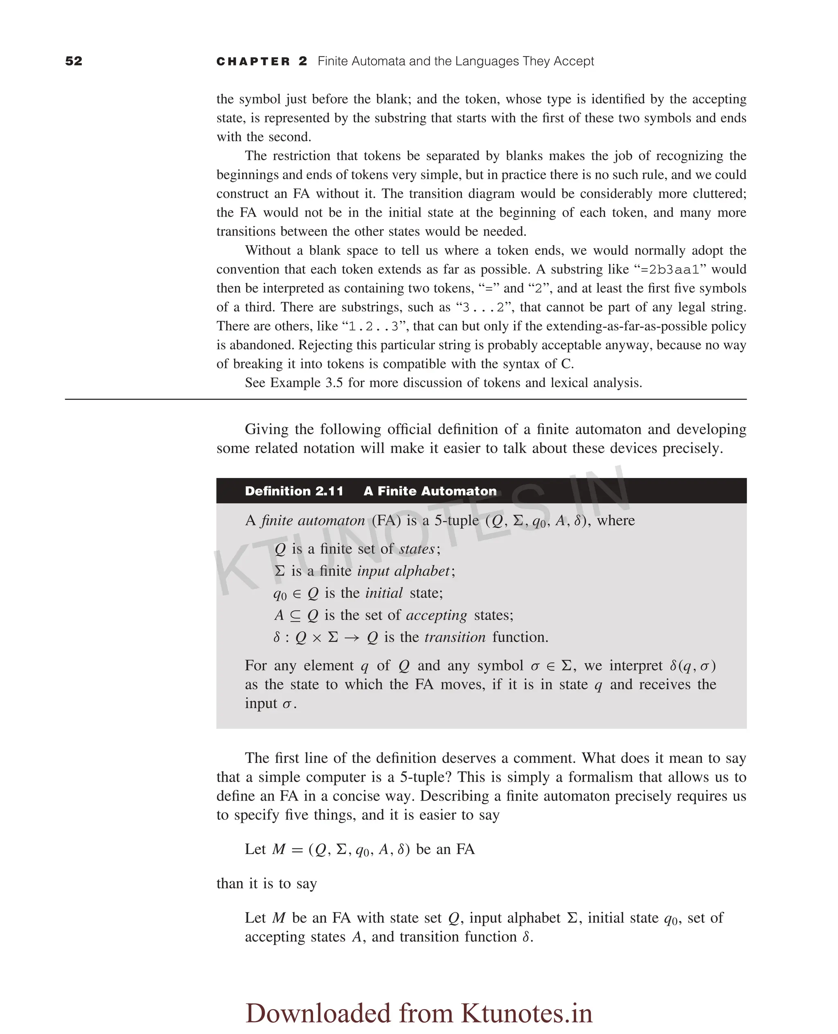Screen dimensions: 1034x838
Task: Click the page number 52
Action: [x=73, y=61]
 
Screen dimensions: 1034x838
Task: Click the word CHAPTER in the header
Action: [x=253, y=62]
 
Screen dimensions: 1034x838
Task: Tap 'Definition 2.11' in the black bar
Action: [x=293, y=491]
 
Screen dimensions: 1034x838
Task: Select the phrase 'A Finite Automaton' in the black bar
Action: [x=430, y=491]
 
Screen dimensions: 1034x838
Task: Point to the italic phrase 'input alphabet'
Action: [x=403, y=571]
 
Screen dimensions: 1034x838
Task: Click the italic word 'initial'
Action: [x=384, y=593]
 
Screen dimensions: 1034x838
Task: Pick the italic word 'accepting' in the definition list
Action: [x=436, y=615]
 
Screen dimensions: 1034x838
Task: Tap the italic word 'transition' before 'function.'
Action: [x=455, y=637]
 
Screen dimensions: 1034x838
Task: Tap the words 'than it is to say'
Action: [x=266, y=884]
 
